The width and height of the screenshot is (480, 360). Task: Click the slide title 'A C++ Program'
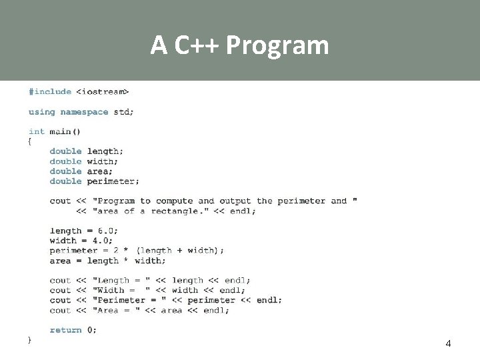pyautogui.click(x=239, y=45)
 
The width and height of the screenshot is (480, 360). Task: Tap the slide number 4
pyautogui.click(x=447, y=343)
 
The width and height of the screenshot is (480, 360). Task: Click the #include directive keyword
pyautogui.click(x=49, y=91)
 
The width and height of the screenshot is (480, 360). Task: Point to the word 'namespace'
pyautogui.click(x=84, y=112)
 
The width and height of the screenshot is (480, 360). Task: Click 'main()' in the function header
pyautogui.click(x=65, y=131)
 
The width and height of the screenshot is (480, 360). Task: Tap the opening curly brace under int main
pyautogui.click(x=30, y=141)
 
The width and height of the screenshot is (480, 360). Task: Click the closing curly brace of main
pyautogui.click(x=30, y=340)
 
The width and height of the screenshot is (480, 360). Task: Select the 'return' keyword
pyautogui.click(x=65, y=330)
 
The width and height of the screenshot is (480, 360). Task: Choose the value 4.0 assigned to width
pyautogui.click(x=101, y=241)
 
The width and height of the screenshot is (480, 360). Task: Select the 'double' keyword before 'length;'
pyautogui.click(x=65, y=151)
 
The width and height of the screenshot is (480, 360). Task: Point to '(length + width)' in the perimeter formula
pyautogui.click(x=178, y=251)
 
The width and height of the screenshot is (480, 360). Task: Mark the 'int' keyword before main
pyautogui.click(x=37, y=131)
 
